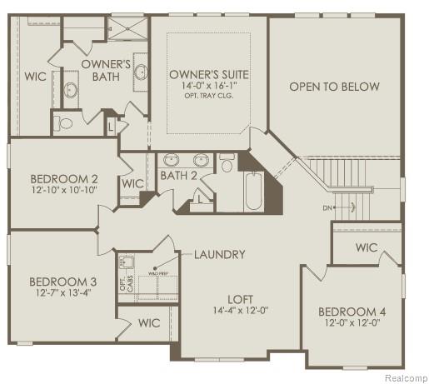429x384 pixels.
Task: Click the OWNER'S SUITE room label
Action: click(209, 75)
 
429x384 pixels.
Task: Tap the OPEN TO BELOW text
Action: click(334, 87)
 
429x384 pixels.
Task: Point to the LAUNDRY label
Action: click(220, 254)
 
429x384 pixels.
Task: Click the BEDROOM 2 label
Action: click(64, 178)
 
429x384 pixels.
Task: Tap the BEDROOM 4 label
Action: click(351, 312)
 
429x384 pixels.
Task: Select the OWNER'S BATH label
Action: click(106, 70)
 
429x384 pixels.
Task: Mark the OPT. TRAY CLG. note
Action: click(209, 97)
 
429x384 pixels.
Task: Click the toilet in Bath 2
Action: click(227, 164)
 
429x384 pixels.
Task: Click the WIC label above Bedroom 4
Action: click(367, 247)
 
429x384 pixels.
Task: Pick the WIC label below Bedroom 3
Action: click(149, 322)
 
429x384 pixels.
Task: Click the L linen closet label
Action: click(112, 125)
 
